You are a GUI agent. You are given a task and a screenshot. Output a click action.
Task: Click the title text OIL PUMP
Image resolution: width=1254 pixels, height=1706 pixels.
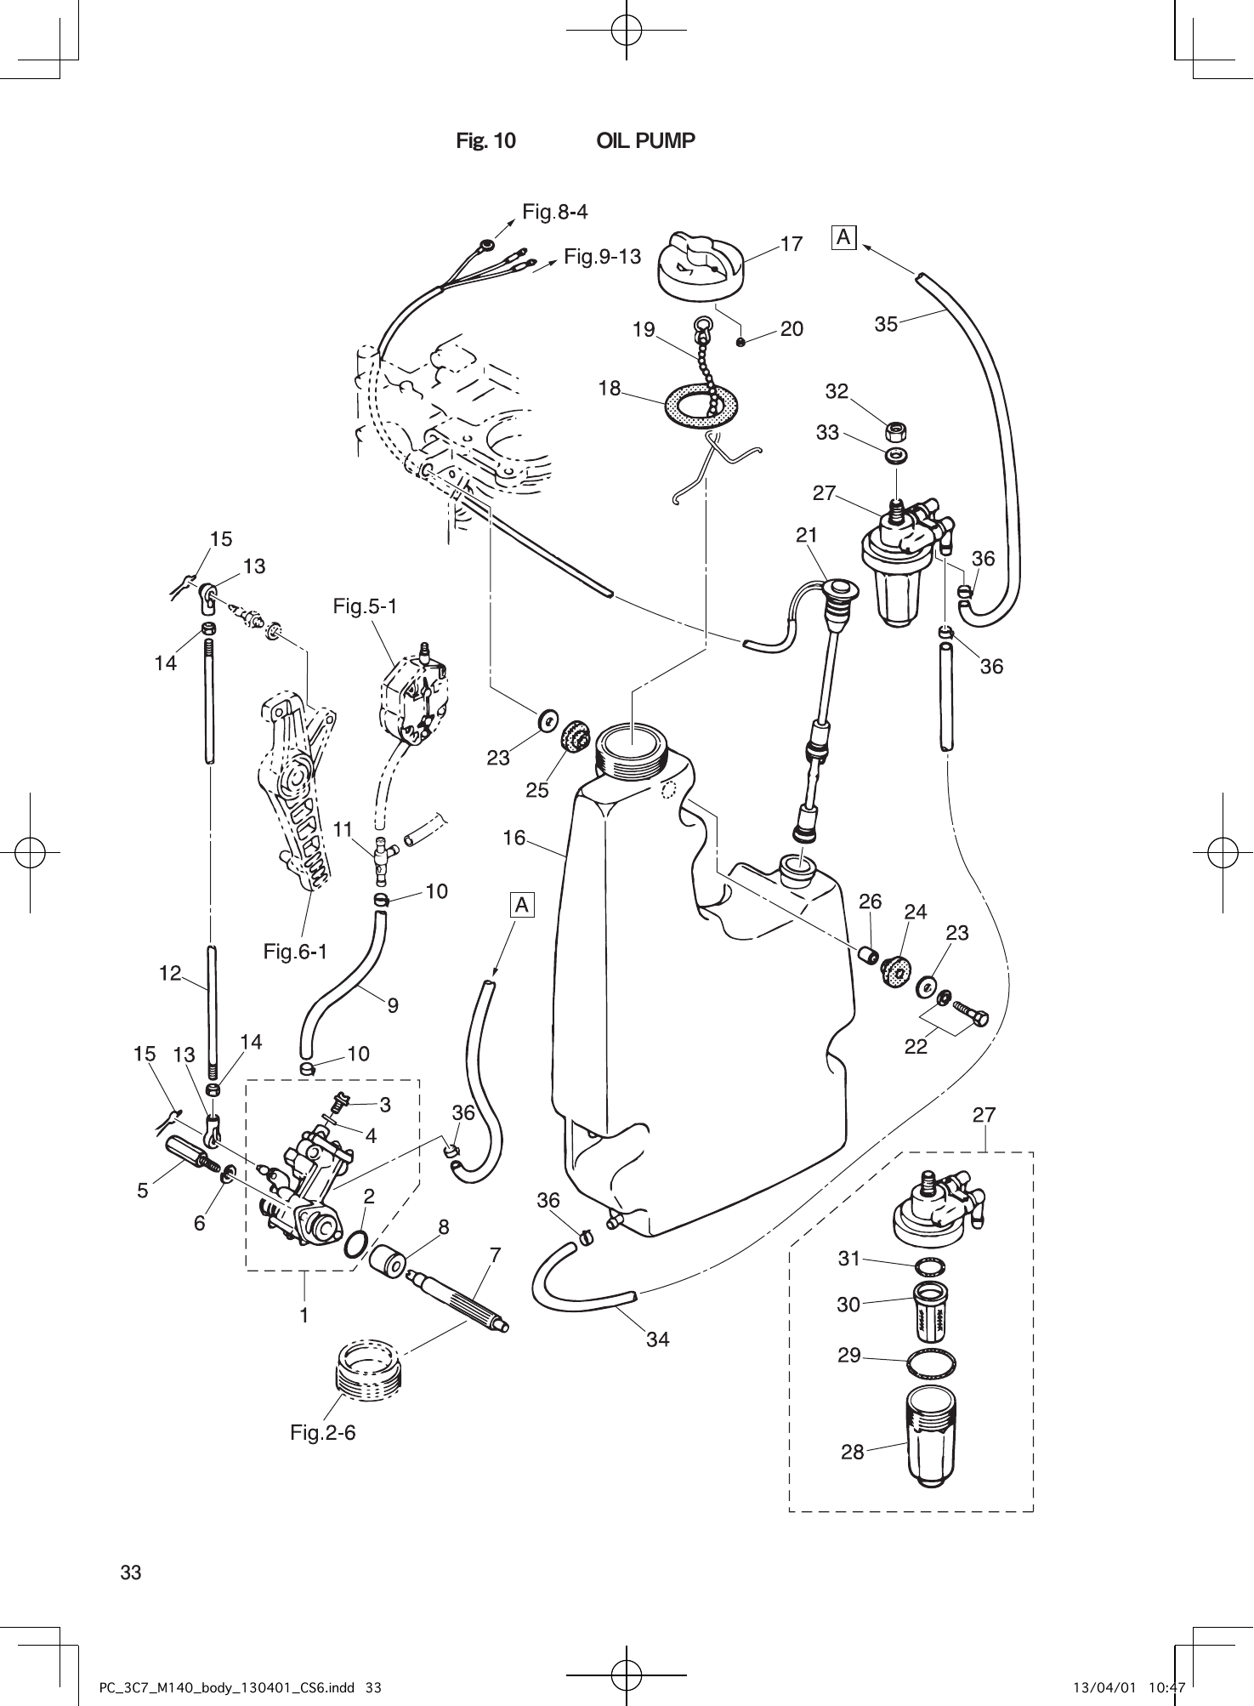[x=645, y=141]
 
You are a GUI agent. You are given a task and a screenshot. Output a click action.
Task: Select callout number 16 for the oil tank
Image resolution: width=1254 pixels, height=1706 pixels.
[x=514, y=839]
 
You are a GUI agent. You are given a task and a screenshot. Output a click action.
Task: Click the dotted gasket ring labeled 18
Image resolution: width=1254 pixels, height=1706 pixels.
[x=701, y=407]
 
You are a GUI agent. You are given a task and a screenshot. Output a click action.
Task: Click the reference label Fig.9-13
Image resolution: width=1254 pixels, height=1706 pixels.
[x=602, y=256]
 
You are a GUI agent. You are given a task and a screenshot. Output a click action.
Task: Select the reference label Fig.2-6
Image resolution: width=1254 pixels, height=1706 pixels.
[x=322, y=1433]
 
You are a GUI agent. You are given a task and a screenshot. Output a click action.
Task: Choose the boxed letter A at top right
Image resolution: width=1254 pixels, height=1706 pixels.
[x=843, y=237]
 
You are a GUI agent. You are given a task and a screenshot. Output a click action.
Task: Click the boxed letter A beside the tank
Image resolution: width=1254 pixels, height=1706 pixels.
[x=522, y=905]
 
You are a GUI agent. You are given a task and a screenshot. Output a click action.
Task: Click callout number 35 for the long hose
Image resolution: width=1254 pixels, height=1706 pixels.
[x=886, y=324]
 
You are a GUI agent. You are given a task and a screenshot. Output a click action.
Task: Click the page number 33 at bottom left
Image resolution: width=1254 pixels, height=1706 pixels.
[x=131, y=1572]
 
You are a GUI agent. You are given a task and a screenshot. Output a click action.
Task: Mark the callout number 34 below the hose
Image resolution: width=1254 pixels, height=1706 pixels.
[x=657, y=1339]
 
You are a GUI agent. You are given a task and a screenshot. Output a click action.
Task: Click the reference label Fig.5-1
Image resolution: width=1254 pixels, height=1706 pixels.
[x=365, y=606]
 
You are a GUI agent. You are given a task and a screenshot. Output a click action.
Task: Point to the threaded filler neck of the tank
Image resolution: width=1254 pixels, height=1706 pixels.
[x=633, y=748]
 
